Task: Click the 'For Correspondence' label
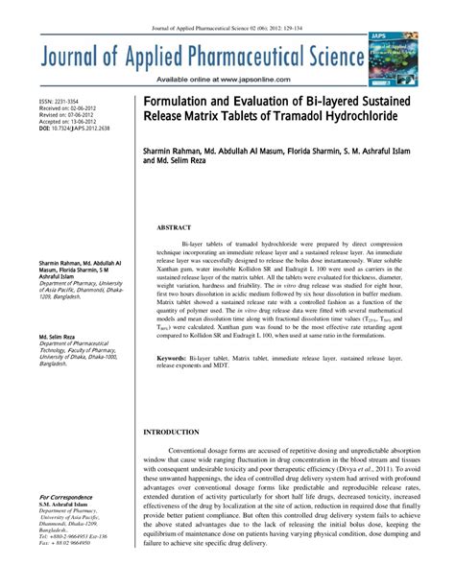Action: click(66, 497)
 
